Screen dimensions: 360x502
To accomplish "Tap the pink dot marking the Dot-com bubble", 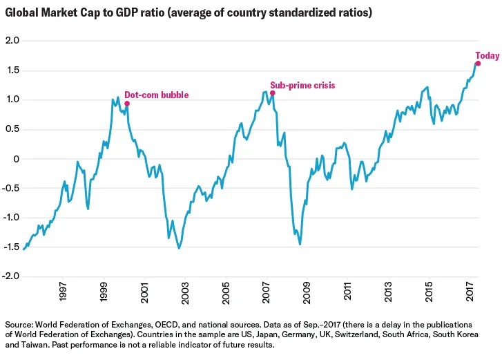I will tap(127, 104).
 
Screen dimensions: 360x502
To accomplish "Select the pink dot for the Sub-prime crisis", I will tap(273, 93).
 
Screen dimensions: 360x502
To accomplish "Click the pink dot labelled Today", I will tap(478, 63).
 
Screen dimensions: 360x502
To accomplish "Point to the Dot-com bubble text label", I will tap(156, 95).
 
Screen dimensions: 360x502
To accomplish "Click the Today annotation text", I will tap(487, 56).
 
